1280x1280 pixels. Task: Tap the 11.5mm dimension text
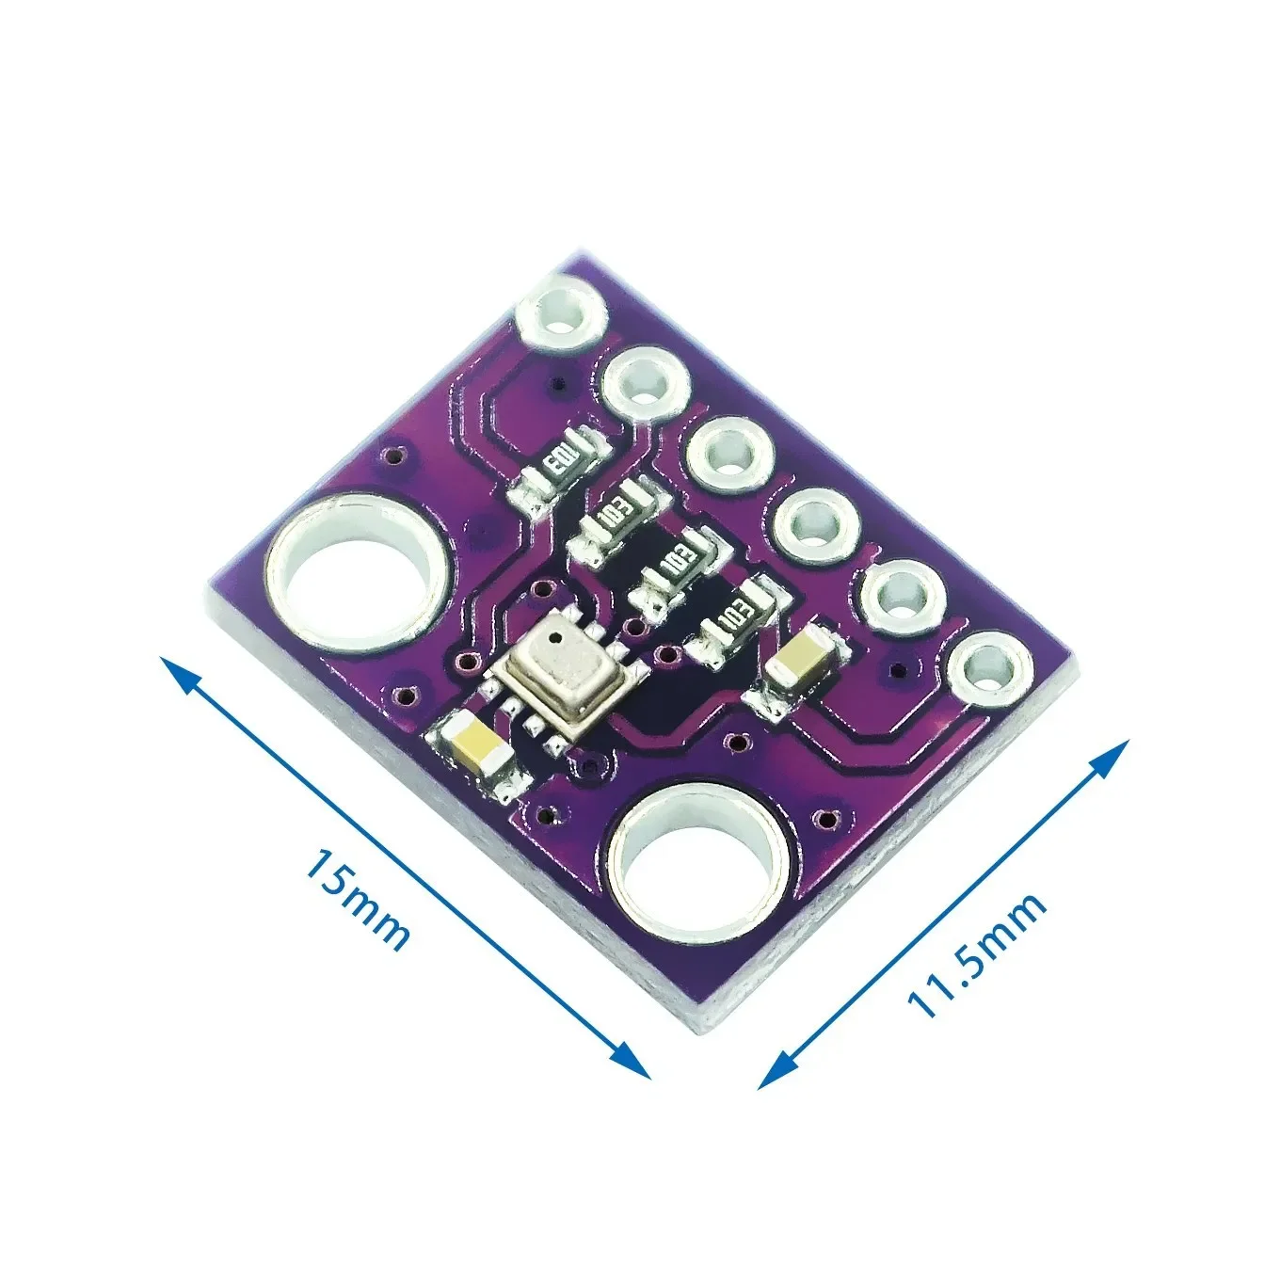pyautogui.click(x=977, y=955)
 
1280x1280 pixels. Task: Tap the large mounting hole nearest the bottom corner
pyautogui.click(x=697, y=861)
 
